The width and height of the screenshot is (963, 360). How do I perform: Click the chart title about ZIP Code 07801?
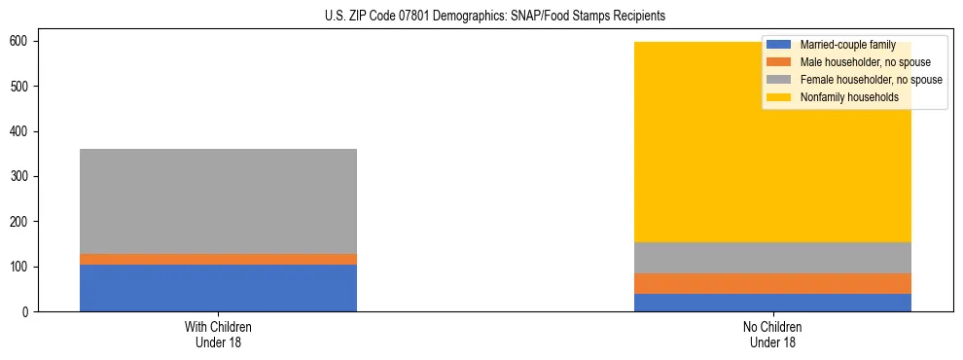(x=481, y=17)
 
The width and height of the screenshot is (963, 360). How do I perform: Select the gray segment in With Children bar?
(x=218, y=201)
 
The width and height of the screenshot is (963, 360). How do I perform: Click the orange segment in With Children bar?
(x=218, y=259)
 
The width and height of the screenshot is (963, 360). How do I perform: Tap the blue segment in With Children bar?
(x=218, y=288)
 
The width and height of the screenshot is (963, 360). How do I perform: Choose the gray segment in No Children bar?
(x=772, y=258)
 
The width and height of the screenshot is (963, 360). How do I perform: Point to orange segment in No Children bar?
(x=772, y=283)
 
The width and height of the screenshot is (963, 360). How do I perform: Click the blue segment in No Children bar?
(x=772, y=303)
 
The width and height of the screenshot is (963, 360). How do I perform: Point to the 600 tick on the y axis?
(x=25, y=42)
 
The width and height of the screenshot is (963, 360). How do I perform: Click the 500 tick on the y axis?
(x=25, y=87)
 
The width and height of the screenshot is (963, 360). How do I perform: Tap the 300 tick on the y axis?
(x=25, y=176)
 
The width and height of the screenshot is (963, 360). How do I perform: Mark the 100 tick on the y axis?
(x=25, y=267)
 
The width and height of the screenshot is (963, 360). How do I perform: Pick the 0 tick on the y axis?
(x=31, y=311)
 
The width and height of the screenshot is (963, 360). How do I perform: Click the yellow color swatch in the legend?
(x=779, y=97)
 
